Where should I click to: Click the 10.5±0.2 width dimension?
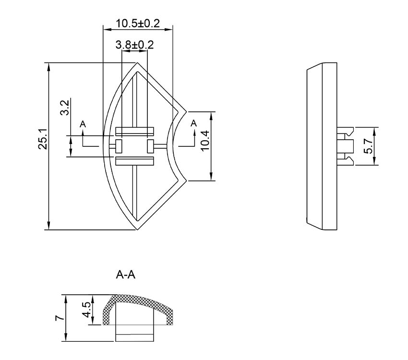pos(138,23)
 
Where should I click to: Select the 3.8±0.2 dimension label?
pos(134,45)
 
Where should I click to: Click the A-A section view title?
pos(126,276)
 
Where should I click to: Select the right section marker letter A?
pos(193,124)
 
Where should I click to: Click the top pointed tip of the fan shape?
pos(138,63)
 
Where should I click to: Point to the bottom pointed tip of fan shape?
pos(138,229)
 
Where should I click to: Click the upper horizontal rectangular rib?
pos(134,131)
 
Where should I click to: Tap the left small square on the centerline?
pos(119,146)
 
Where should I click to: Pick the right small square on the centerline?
pos(150,146)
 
